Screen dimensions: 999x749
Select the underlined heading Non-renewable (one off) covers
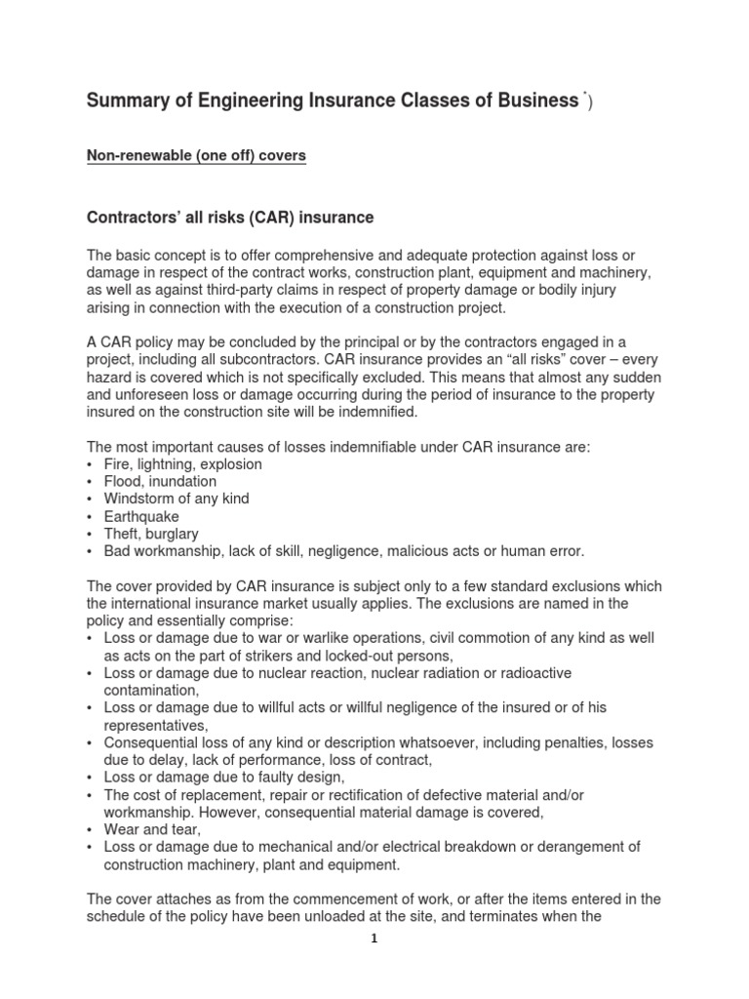click(197, 156)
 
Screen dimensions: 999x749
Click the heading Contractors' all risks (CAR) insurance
click(231, 217)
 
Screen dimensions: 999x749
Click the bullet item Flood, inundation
click(160, 482)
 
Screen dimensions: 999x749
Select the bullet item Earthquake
click(142, 516)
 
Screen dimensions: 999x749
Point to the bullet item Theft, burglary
click(151, 534)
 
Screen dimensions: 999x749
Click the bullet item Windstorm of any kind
click(177, 499)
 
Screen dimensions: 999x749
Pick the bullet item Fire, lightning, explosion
click(182, 464)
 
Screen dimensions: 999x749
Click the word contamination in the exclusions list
click(149, 691)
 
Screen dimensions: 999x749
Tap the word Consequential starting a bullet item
click(154, 742)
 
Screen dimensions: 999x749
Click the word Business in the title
click(534, 100)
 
